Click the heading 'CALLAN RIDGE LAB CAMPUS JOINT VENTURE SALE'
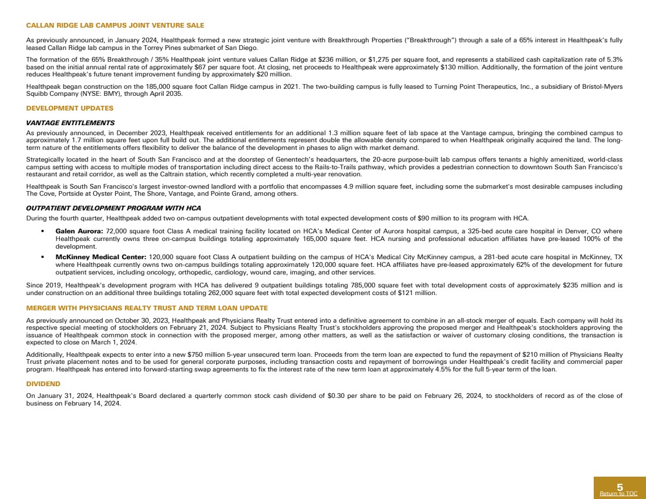coord(115,25)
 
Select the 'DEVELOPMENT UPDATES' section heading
coord(70,108)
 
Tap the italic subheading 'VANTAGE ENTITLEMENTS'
coord(70,123)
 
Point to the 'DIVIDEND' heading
coord(43,383)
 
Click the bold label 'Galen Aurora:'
coord(79,231)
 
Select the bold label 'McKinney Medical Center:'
coord(101,257)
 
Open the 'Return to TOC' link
coord(618,494)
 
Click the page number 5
coord(620,487)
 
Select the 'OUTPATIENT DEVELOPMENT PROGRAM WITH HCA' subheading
coord(113,208)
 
